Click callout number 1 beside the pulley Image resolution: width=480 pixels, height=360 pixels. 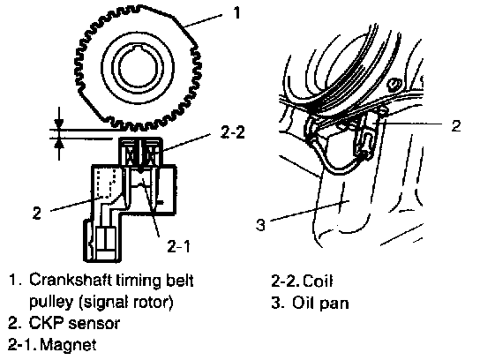[x=236, y=12]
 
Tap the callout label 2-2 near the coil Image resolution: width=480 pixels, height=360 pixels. [x=233, y=132]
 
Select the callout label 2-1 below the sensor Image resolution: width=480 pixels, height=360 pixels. [x=179, y=246]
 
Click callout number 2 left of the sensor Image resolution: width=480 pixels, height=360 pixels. [x=37, y=213]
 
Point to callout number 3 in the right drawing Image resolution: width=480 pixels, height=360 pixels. [x=260, y=224]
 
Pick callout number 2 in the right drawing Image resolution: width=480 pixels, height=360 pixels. [x=456, y=125]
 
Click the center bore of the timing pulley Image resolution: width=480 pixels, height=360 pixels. [x=139, y=68]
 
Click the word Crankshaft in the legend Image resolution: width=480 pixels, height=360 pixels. [x=71, y=280]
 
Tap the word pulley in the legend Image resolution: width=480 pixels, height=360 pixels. [x=52, y=303]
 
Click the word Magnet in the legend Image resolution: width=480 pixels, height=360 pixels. [x=69, y=345]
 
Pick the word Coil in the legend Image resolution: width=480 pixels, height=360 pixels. [x=318, y=281]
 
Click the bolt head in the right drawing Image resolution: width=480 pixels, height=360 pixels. [x=394, y=84]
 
